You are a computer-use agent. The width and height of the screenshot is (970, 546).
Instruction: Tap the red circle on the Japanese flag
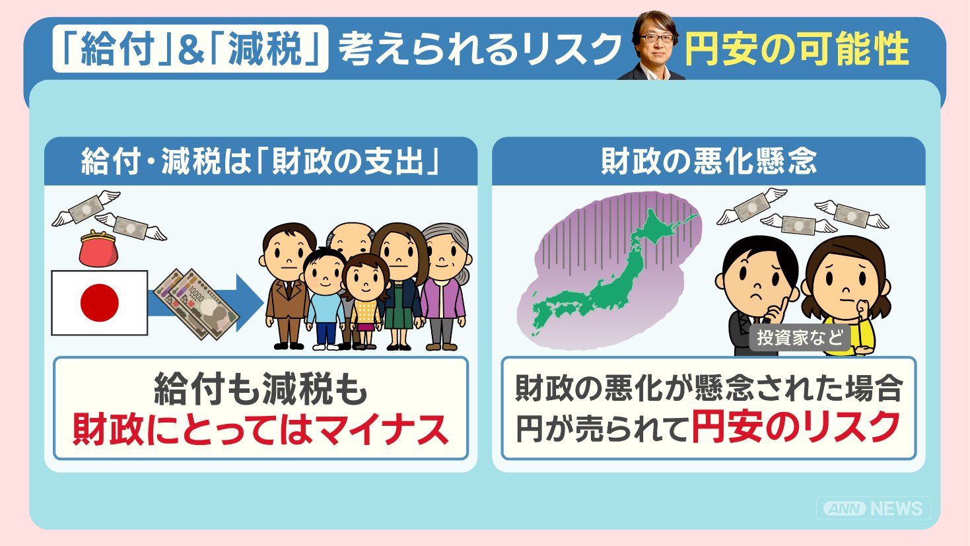pyautogui.click(x=100, y=302)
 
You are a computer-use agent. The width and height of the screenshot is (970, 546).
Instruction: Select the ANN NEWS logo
pyautogui.click(x=873, y=508)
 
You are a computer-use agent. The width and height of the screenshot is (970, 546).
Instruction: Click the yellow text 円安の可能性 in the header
pyautogui.click(x=796, y=48)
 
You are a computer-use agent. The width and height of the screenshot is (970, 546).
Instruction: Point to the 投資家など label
pyautogui.click(x=800, y=337)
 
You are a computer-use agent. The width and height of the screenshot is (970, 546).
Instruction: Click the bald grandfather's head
pyautogui.click(x=350, y=240)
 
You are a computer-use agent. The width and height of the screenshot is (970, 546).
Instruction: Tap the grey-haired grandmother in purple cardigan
pyautogui.click(x=444, y=287)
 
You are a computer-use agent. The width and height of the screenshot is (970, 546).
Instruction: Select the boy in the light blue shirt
pyautogui.click(x=325, y=299)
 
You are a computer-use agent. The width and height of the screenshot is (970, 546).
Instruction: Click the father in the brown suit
pyautogui.click(x=286, y=286)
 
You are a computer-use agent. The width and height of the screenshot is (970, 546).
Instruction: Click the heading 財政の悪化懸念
pyautogui.click(x=709, y=162)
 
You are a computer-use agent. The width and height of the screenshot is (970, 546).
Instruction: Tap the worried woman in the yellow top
pyautogui.click(x=845, y=295)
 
